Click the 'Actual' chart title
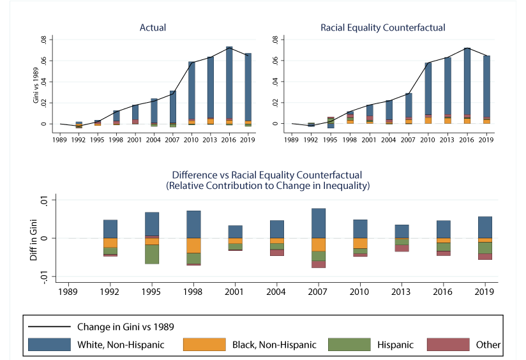153,27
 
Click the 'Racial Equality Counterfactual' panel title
383,27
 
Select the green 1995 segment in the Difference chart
151,254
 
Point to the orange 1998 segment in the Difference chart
193,245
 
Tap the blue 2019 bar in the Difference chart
485,227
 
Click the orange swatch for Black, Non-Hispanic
204,345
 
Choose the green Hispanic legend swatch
349,345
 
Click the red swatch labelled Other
447,345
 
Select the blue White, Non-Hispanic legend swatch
49,345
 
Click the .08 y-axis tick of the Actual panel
43,40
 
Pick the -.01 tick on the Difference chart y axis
53,276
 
